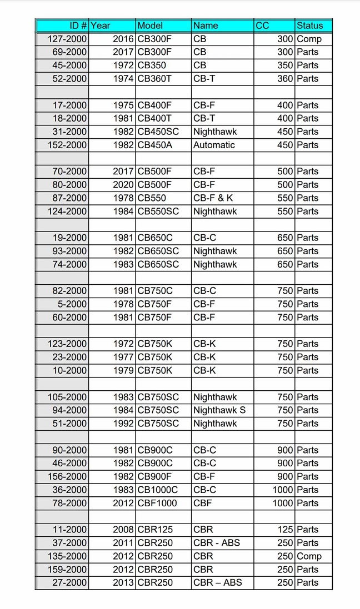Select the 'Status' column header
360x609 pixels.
(x=309, y=26)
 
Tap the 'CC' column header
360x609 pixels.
(x=262, y=26)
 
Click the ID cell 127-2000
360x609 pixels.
(x=69, y=39)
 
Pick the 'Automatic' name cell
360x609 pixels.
(x=214, y=145)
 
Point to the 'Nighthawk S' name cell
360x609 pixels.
(x=219, y=410)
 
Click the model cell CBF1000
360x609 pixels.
(x=157, y=503)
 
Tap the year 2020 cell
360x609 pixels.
(x=123, y=185)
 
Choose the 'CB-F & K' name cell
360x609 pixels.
(x=213, y=198)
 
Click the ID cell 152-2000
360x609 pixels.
(x=69, y=145)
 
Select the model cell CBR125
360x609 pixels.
(x=155, y=530)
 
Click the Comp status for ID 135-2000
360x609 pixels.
(x=309, y=556)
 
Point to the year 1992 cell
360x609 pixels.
(x=123, y=424)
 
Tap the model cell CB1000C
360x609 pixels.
(x=158, y=490)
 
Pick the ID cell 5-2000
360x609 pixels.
(x=72, y=304)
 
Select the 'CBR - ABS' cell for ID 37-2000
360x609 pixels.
(x=217, y=543)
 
